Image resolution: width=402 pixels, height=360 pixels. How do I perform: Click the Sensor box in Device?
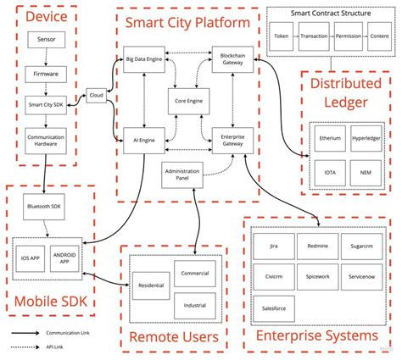pos(47,40)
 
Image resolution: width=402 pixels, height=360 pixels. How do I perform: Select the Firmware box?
pos(47,75)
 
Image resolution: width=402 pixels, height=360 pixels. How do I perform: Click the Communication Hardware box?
pos(47,141)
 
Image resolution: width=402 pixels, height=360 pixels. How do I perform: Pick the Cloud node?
pos(96,97)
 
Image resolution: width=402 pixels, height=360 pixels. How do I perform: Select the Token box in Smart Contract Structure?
pos(282,37)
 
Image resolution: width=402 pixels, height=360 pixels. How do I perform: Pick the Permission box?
pos(348,37)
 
